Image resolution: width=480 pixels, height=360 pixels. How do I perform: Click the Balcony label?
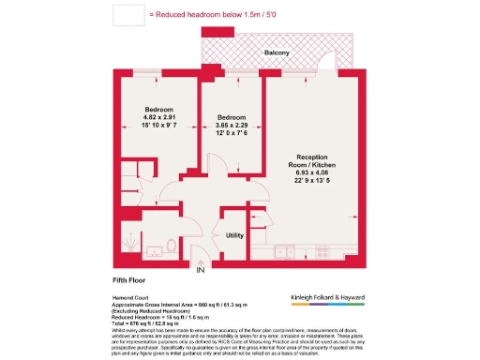pyautogui.click(x=276, y=52)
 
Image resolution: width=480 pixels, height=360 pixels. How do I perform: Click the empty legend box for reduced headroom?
pyautogui.click(x=128, y=15)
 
